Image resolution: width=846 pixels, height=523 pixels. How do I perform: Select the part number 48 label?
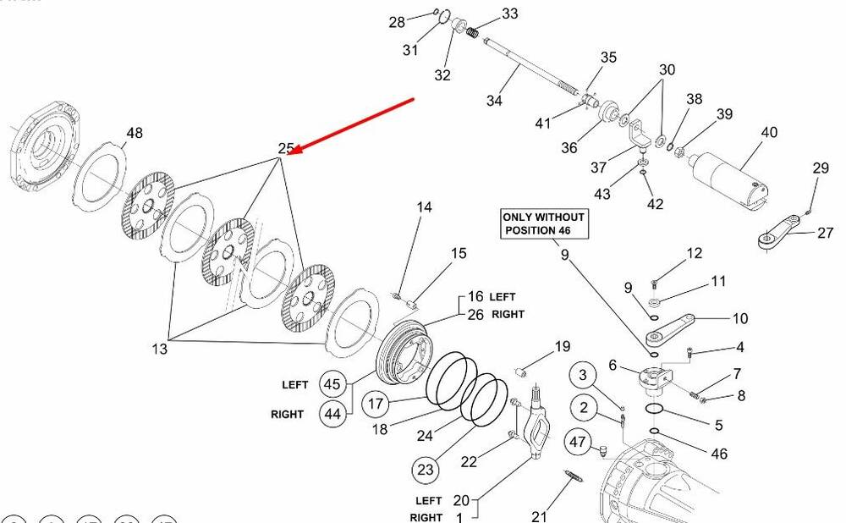[x=135, y=133]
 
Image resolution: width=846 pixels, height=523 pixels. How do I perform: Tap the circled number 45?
[x=332, y=384]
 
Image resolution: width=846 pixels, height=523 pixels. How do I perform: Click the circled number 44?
[x=332, y=415]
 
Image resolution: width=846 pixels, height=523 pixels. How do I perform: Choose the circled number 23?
[x=425, y=468]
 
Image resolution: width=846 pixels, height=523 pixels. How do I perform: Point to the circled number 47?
[x=578, y=442]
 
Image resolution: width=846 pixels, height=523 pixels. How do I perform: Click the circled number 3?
[x=582, y=374]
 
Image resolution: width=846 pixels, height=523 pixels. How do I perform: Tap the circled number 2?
[x=582, y=408]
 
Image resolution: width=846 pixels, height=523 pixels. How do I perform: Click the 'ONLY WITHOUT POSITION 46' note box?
[x=543, y=224]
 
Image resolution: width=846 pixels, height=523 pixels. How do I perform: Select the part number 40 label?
[x=768, y=133]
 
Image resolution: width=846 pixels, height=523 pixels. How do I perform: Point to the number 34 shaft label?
[x=494, y=101]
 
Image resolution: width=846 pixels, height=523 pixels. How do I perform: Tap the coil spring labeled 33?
[x=474, y=33]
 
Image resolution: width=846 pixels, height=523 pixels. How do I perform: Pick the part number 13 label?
[x=158, y=348]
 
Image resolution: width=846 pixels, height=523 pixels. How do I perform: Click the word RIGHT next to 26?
[x=508, y=314]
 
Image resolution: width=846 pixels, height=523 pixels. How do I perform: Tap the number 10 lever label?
[x=739, y=318]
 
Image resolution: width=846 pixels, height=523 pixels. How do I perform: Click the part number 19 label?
[x=563, y=346]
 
